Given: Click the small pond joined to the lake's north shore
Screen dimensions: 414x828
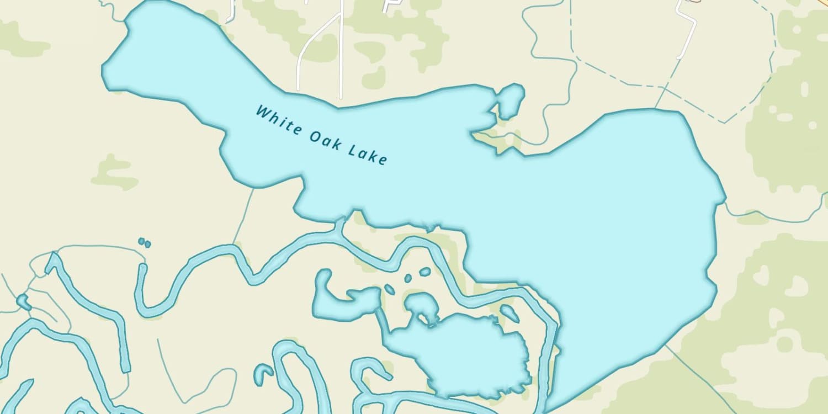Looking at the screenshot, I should click(511, 100).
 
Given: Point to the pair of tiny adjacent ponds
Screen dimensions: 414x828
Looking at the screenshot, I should click(145, 242).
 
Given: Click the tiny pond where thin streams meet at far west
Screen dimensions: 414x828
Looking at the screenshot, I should click(23, 301).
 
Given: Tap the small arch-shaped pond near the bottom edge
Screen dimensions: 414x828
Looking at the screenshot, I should click(264, 373).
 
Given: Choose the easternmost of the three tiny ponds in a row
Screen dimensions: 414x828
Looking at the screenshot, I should click(424, 272).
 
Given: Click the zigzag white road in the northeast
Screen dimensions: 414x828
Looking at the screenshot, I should click(687, 28).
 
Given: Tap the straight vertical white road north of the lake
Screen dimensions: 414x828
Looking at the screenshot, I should click(341, 55).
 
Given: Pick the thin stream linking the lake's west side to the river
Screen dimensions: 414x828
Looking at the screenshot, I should click(243, 215).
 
